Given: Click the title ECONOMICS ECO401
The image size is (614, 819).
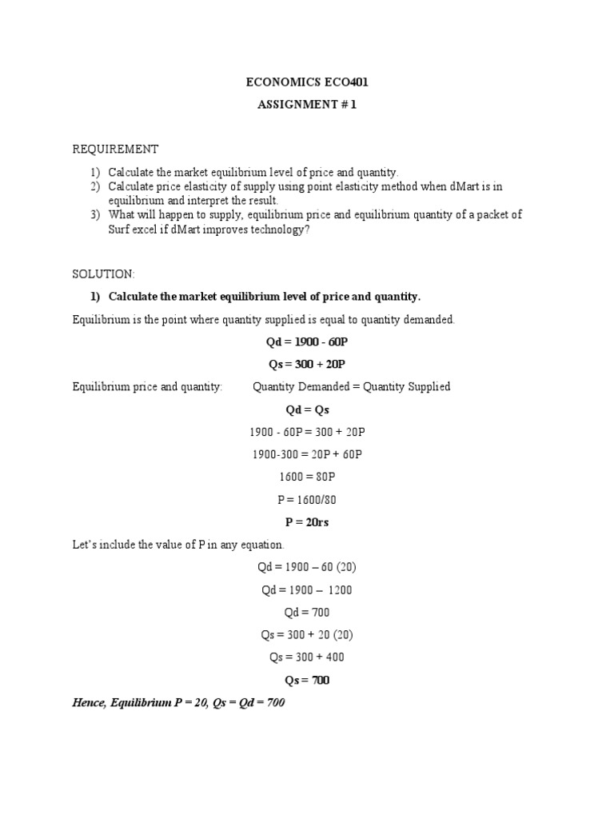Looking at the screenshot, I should (x=307, y=82).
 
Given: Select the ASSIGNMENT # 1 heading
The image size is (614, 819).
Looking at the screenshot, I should (x=307, y=104).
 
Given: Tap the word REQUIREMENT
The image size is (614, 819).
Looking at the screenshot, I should (x=116, y=150).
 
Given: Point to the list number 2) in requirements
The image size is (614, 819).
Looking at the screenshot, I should (x=96, y=186).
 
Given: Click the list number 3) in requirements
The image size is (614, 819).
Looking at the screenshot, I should (x=96, y=214).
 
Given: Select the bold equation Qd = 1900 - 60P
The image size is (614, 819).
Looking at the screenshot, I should (x=307, y=342).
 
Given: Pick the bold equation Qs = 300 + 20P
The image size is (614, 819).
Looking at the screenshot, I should (x=307, y=364).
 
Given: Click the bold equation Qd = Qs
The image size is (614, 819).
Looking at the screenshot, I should (x=307, y=409).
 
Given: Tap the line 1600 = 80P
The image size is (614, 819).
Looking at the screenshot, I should (x=307, y=477).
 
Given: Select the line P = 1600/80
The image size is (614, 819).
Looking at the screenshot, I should (x=307, y=499).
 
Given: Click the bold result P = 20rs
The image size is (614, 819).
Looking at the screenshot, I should (x=307, y=521).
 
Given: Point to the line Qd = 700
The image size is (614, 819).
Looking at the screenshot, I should (x=307, y=612).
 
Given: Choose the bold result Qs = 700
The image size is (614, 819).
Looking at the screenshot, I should (x=307, y=680).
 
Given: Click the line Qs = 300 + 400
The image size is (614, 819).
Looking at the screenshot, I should (x=307, y=657).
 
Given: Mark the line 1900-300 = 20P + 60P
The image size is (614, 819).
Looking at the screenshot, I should (x=307, y=454).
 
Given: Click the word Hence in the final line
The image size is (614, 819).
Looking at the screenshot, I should (x=88, y=703).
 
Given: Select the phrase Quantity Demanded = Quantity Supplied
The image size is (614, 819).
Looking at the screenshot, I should (x=351, y=386).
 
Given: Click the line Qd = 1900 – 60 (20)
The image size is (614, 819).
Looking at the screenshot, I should (x=307, y=567).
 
